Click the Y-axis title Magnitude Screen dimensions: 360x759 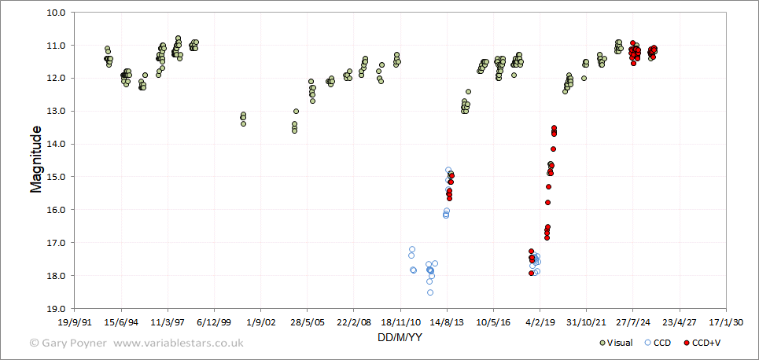[x=36, y=159]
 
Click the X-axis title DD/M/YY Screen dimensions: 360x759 [x=400, y=337]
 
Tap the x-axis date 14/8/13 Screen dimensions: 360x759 [x=447, y=322]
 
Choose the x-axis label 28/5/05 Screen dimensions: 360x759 [x=308, y=322]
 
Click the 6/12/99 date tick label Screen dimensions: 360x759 [x=214, y=322]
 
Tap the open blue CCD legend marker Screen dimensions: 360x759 [x=647, y=343]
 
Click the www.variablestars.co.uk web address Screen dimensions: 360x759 [x=179, y=343]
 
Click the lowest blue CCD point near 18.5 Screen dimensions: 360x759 [x=430, y=292]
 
